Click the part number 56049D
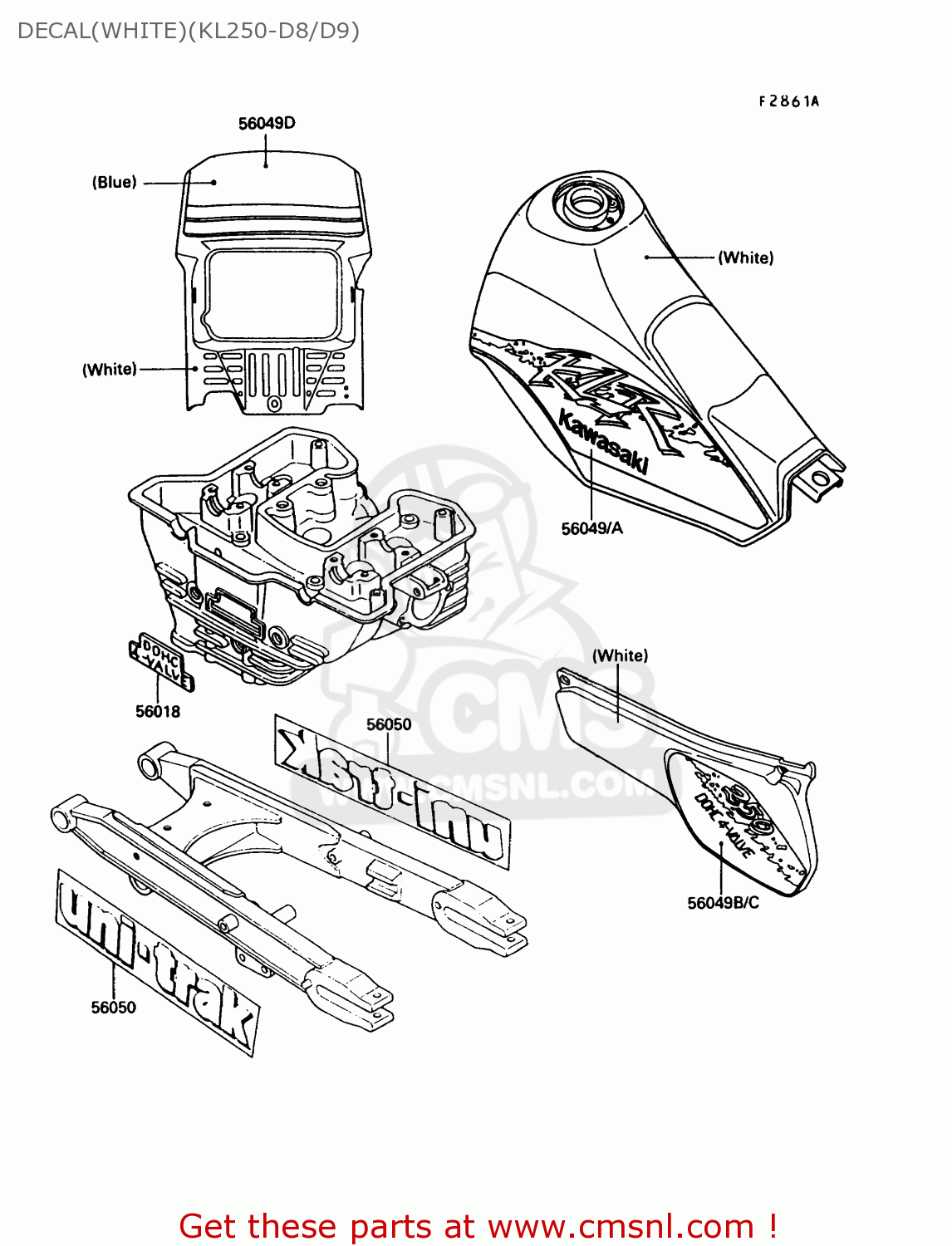(267, 124)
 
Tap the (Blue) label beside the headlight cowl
(114, 183)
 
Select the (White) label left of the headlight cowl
(109, 370)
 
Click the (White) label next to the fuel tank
(745, 258)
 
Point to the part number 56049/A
(591, 528)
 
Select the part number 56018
(158, 711)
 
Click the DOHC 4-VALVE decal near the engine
(161, 664)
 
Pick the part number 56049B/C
(723, 903)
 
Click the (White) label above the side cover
(620, 656)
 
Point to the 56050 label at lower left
(114, 1008)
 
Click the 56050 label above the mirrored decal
(389, 724)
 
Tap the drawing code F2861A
(788, 101)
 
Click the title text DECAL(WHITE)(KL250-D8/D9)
(189, 31)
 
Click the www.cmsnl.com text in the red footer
(620, 1226)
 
